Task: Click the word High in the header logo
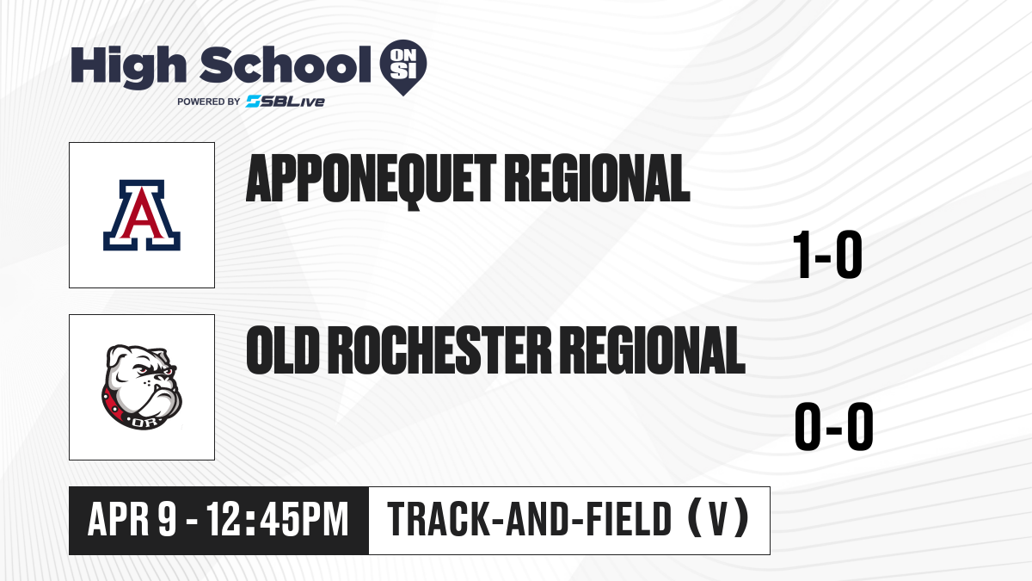tap(128, 66)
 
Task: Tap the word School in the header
tap(286, 64)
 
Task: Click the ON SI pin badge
tap(403, 67)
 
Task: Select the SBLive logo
tap(286, 102)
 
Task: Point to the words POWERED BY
tap(209, 102)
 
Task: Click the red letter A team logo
tap(142, 215)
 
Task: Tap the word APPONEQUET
tap(371, 179)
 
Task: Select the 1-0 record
tap(827, 255)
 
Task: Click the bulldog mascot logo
tap(142, 387)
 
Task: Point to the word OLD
tap(283, 350)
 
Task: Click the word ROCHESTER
tap(439, 350)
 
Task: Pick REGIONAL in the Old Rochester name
tap(653, 350)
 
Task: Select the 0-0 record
tap(834, 427)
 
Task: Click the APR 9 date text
tap(132, 520)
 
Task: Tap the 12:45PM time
tap(277, 520)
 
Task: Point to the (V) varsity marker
tap(718, 519)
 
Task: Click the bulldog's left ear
tap(118, 357)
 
